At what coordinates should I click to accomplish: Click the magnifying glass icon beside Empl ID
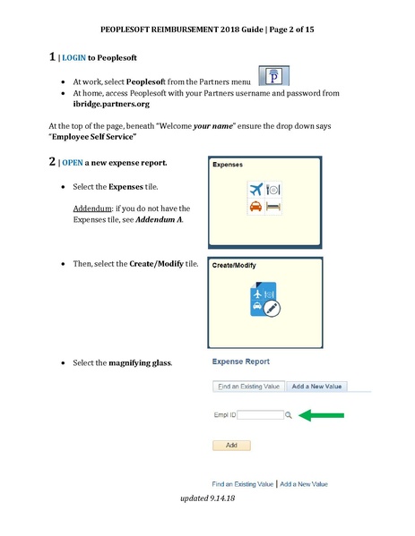pos(288,415)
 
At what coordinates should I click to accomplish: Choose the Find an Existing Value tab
pos(248,386)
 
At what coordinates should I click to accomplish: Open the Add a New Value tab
pos(318,386)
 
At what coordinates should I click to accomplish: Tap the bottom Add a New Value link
pos(304,484)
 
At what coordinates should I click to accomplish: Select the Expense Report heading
pos(241,362)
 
